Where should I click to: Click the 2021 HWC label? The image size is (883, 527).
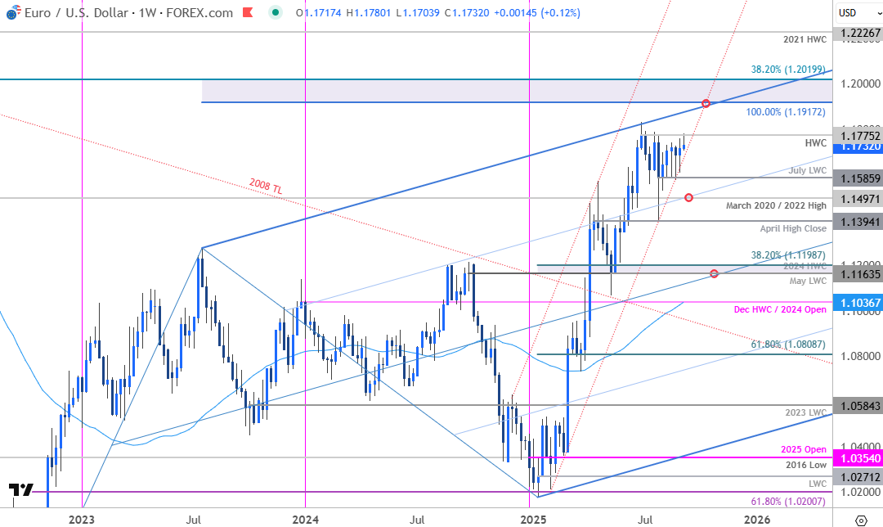coord(805,39)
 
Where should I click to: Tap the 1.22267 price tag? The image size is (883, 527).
coord(857,33)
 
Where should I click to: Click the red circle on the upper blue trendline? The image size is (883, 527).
coord(706,103)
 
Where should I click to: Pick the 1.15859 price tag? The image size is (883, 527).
coord(857,177)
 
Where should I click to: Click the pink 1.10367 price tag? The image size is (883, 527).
coord(857,303)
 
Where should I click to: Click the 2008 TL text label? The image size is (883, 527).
coord(266,189)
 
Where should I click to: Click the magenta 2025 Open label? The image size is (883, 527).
coord(805,449)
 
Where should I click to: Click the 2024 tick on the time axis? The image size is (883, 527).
coord(305,519)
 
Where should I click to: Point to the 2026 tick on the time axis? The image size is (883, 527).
coord(757,519)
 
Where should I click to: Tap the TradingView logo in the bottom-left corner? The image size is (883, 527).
coord(21,490)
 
